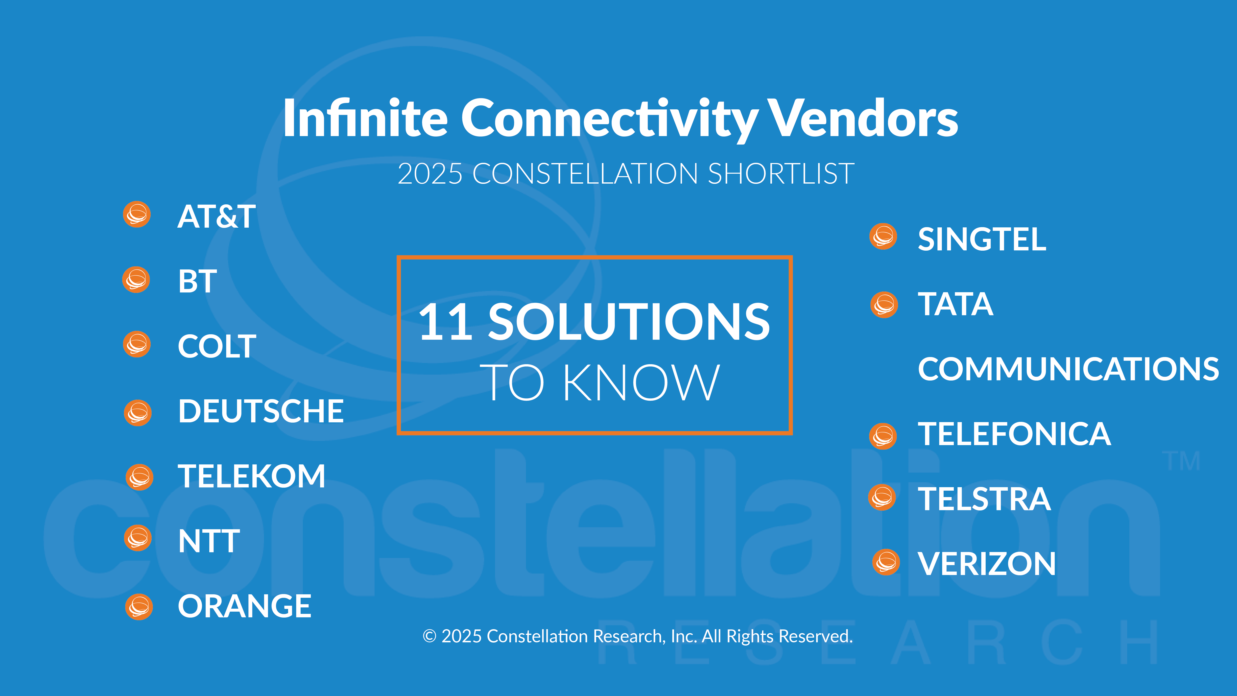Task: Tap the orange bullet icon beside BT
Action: (136, 280)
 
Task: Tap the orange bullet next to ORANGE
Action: (139, 607)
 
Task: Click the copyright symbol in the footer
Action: (429, 636)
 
